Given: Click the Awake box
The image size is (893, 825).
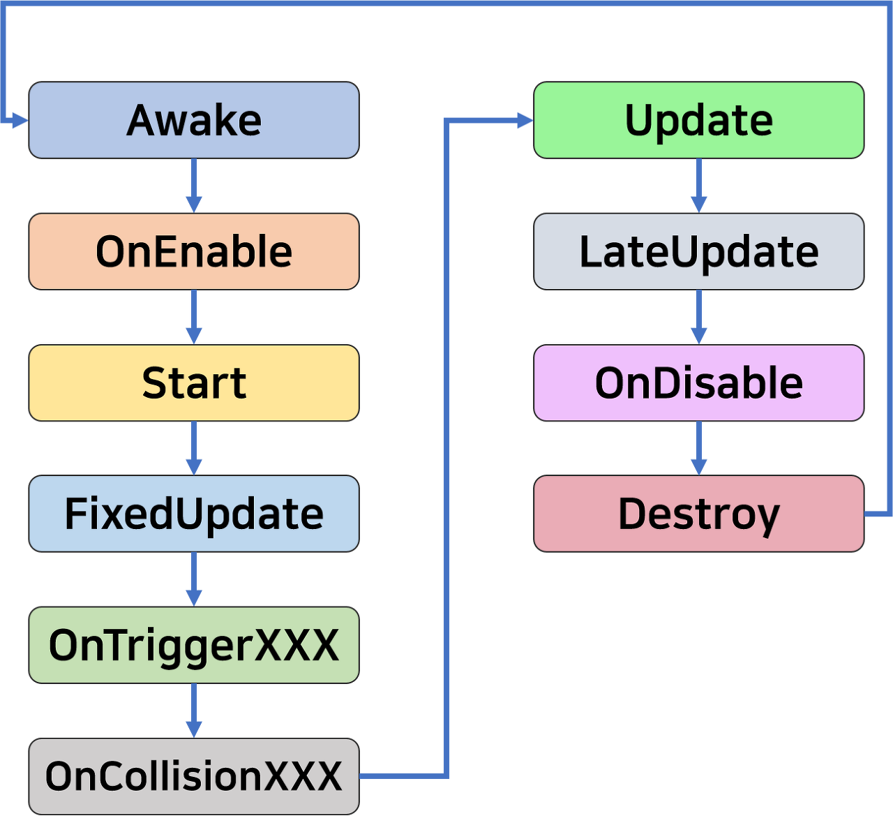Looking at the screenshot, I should [x=194, y=120].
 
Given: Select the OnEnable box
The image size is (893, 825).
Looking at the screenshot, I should [x=194, y=251].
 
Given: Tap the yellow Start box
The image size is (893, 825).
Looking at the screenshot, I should [x=194, y=382].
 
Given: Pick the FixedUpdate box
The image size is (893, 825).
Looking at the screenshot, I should [x=194, y=514].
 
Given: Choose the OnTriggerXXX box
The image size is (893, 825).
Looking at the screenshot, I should [x=194, y=645].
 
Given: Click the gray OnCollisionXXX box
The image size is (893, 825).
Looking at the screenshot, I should [x=194, y=776].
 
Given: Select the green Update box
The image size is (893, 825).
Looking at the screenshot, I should [x=698, y=120].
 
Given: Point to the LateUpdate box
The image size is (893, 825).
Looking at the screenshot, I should [x=698, y=251].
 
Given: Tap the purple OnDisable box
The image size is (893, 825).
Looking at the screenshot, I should [x=698, y=382].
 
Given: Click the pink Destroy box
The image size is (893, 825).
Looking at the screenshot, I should [x=698, y=514].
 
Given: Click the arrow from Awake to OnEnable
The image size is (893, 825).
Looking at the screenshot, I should [x=194, y=186].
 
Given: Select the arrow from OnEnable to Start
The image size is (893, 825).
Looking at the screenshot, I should [x=194, y=318].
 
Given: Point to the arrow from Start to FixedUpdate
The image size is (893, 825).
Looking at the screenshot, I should [x=194, y=449].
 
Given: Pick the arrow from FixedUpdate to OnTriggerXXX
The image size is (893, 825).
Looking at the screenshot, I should [x=194, y=580].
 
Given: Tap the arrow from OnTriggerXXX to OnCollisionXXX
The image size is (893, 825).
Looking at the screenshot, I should [x=194, y=711].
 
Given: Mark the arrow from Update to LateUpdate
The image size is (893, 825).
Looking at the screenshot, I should [x=698, y=186].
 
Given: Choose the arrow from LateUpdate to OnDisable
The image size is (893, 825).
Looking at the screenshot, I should [x=698, y=318].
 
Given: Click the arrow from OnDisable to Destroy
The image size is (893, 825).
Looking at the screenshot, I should [x=698, y=449].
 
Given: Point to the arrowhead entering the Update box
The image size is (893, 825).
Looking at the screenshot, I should [x=525, y=121].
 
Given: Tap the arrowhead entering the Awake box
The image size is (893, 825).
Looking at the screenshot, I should [x=20, y=121].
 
